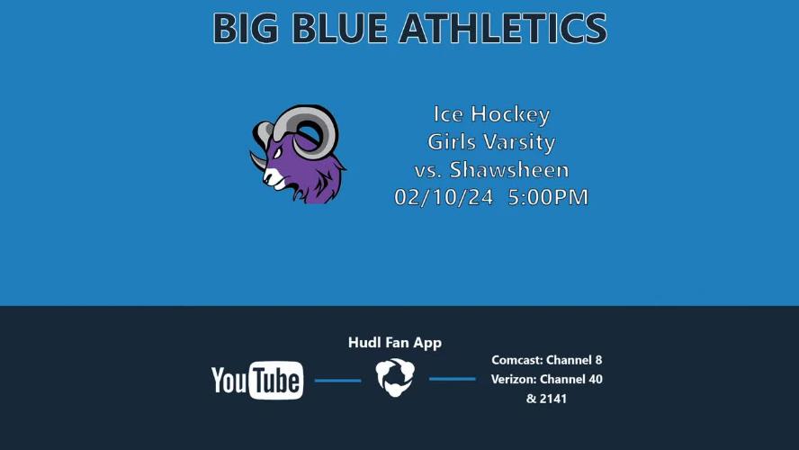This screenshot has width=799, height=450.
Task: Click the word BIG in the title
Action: click(246, 28)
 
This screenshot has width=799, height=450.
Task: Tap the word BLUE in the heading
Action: click(340, 28)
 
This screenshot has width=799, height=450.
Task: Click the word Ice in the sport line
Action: click(448, 113)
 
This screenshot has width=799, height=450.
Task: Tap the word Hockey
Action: click(510, 114)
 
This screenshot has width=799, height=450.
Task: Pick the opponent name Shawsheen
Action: click(509, 170)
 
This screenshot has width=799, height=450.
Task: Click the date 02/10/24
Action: click(444, 197)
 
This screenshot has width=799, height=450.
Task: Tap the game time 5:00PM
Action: click(548, 197)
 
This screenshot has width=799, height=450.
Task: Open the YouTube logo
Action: click(257, 380)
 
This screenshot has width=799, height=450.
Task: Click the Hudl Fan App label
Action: click(395, 343)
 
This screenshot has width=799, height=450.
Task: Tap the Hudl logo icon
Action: click(395, 377)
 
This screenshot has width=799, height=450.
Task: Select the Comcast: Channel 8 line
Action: click(547, 360)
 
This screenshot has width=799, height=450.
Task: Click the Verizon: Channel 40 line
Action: click(547, 379)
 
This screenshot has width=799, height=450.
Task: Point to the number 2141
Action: click(553, 399)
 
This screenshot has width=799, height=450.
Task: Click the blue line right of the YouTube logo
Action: click(337, 380)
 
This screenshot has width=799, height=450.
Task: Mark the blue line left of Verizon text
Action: click(452, 379)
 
